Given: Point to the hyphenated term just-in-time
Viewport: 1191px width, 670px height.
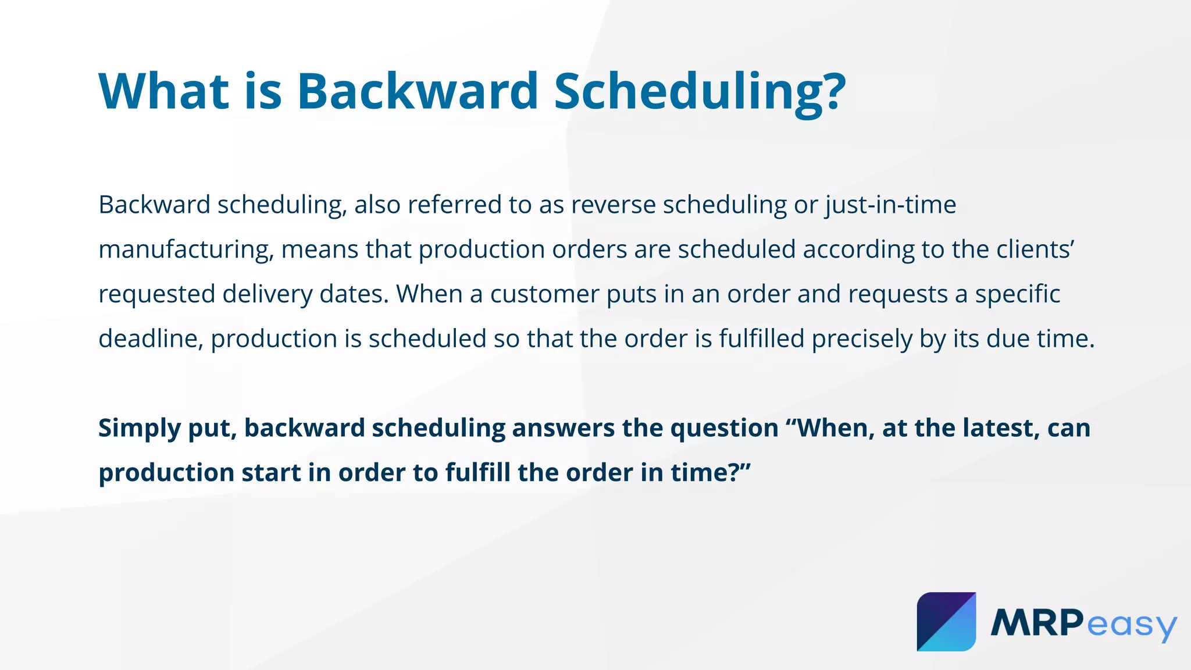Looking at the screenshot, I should click(x=890, y=205).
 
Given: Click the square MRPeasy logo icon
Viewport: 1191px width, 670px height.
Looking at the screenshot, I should click(x=946, y=622).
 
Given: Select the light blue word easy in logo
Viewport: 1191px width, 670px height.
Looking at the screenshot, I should click(x=1131, y=625).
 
